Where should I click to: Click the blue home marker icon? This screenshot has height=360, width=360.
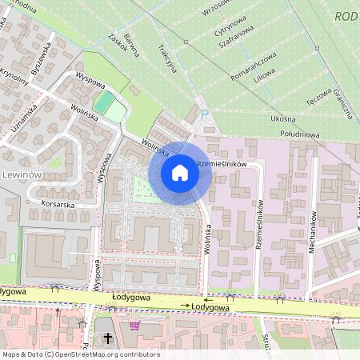(180, 173)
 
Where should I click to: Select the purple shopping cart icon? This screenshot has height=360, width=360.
(134, 326)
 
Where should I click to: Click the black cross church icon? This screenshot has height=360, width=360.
(109, 338)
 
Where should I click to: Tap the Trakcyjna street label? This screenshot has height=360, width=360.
(167, 57)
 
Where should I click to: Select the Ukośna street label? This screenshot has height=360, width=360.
(284, 118)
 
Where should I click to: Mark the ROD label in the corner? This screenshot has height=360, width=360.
(346, 15)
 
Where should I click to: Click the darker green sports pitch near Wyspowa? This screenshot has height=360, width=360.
(104, 102)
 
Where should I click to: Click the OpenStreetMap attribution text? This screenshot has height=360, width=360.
(80, 354)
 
